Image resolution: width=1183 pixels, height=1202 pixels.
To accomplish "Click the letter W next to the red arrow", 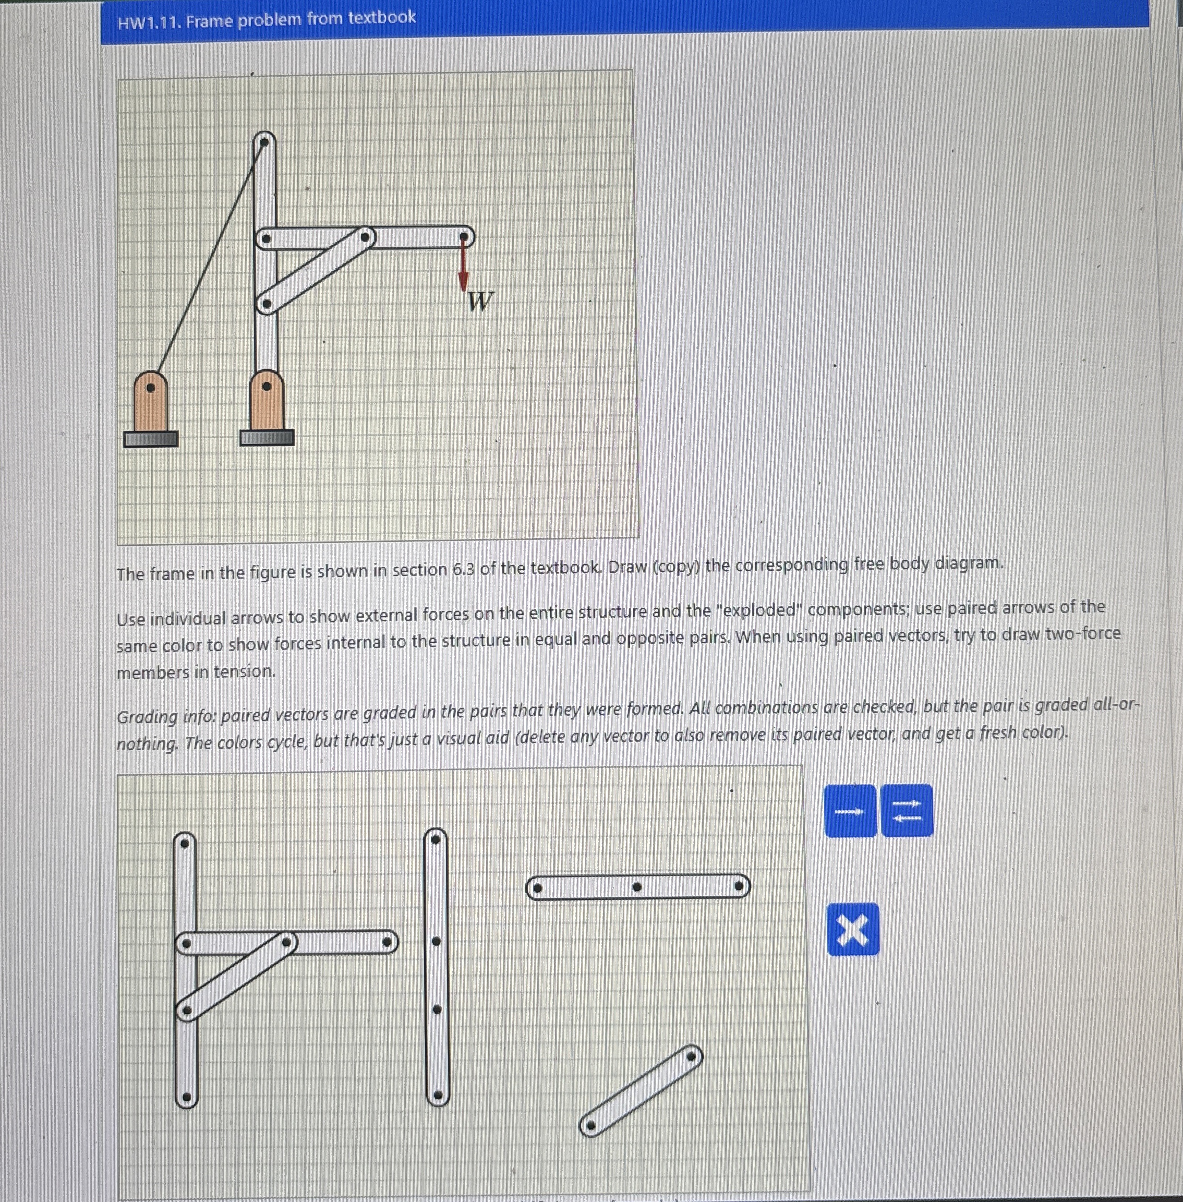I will click(480, 302).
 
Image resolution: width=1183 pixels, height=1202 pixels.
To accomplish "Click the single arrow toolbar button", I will click(849, 811).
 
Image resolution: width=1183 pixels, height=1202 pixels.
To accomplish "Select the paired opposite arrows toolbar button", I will click(906, 811).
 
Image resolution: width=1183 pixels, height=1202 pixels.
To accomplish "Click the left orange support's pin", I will click(150, 387).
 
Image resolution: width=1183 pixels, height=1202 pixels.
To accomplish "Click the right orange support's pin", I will click(266, 386).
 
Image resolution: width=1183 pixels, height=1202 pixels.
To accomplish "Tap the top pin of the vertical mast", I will click(264, 142).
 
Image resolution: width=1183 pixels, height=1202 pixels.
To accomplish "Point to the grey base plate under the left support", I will click(150, 439).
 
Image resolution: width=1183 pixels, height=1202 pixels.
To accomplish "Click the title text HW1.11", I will click(149, 23).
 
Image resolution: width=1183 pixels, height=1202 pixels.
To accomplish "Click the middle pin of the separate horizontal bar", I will click(636, 887).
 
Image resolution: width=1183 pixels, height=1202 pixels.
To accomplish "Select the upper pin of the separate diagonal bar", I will click(692, 1056).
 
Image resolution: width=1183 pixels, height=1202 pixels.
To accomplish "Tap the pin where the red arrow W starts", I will click(463, 237).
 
